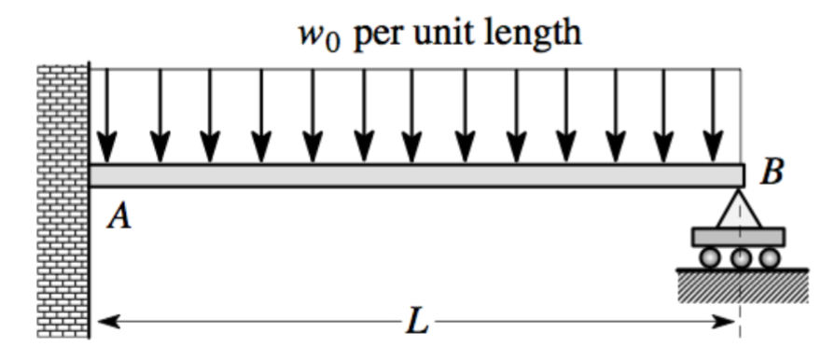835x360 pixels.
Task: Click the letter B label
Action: (772, 173)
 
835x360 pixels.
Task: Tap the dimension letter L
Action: (416, 323)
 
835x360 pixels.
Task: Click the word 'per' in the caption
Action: (379, 35)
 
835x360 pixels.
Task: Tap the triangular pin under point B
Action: (739, 209)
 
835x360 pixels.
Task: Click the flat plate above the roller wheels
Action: (739, 237)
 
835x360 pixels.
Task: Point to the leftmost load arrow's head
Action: (109, 149)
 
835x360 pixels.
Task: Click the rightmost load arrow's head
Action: (714, 149)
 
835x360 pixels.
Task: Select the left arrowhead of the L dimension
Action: (105, 323)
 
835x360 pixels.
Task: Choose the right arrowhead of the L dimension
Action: (730, 323)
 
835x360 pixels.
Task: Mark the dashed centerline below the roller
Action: (740, 312)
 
